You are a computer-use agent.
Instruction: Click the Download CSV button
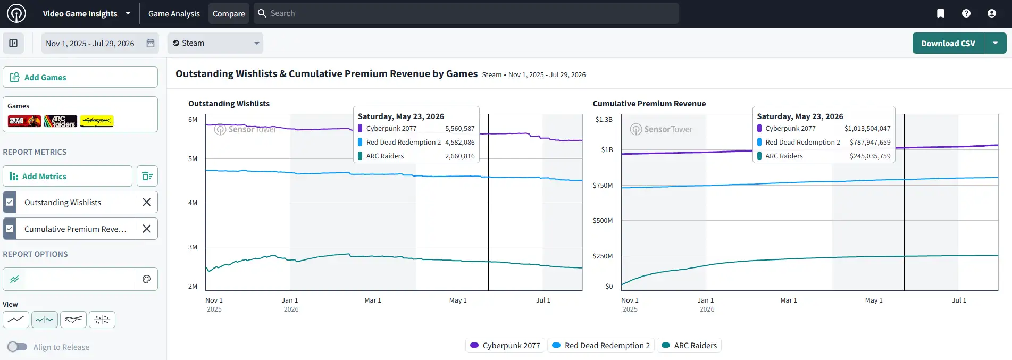pyautogui.click(x=948, y=43)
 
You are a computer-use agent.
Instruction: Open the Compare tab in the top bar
pyautogui.click(x=229, y=13)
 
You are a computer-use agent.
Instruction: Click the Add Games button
pyautogui.click(x=80, y=77)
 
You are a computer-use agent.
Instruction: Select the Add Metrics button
pyautogui.click(x=68, y=176)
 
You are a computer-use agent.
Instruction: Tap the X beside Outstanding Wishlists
pyautogui.click(x=147, y=202)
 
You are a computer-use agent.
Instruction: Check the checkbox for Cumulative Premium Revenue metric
pyautogui.click(x=10, y=229)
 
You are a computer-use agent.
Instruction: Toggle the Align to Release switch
pyautogui.click(x=17, y=347)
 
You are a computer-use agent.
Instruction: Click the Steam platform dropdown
pyautogui.click(x=215, y=43)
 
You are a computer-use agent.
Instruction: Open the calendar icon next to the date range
pyautogui.click(x=150, y=43)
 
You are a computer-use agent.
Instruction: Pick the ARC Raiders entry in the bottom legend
pyautogui.click(x=689, y=345)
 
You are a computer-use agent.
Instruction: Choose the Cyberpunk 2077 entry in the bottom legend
pyautogui.click(x=505, y=345)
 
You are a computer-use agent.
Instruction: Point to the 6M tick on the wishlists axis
pyautogui.click(x=193, y=119)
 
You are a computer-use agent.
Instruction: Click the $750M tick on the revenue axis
pyautogui.click(x=603, y=185)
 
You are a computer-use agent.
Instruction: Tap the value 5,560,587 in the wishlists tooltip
pyautogui.click(x=460, y=128)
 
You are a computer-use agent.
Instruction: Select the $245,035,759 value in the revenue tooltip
pyautogui.click(x=870, y=156)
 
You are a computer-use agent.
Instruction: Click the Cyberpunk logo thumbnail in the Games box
pyautogui.click(x=97, y=121)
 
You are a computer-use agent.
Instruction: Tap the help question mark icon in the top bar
pyautogui.click(x=966, y=13)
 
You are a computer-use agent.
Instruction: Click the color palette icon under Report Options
pyautogui.click(x=147, y=279)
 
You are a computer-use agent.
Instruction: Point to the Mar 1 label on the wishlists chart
pyautogui.click(x=373, y=300)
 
